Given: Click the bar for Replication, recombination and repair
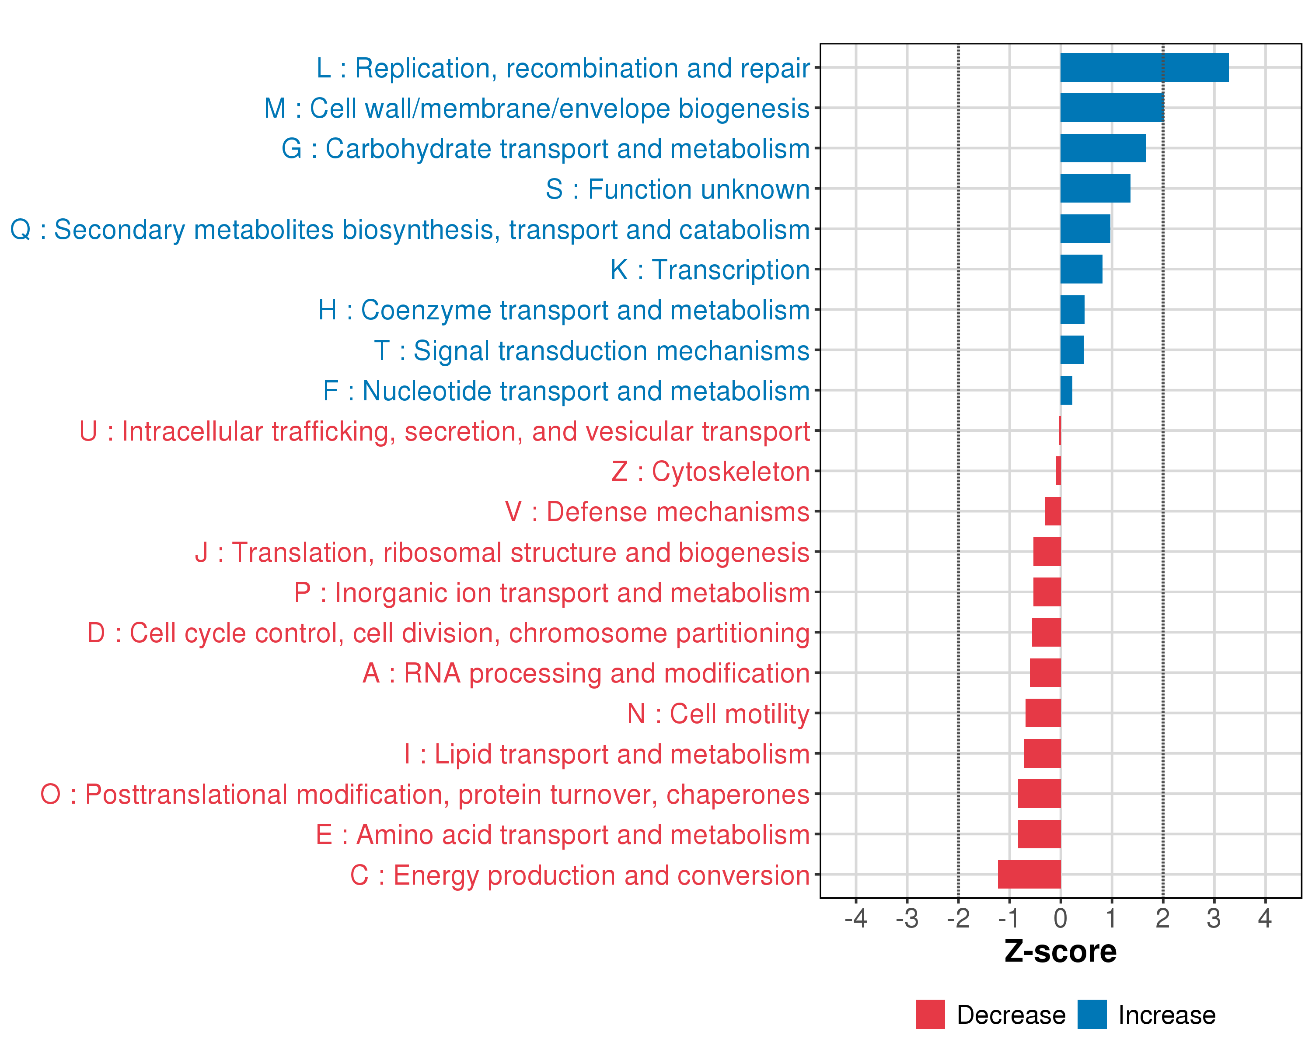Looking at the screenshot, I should click(1144, 67).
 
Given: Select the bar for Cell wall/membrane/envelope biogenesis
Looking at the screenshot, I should click(1112, 108).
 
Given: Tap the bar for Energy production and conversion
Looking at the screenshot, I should click(1029, 874).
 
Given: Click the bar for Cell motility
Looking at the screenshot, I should click(1043, 713).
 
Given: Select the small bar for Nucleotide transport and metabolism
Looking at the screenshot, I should click(1066, 390).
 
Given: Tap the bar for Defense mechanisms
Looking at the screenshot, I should click(1053, 511).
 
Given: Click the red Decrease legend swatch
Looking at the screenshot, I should click(930, 1014).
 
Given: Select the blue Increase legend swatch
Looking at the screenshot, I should click(1092, 1014).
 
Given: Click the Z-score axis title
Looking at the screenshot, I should click(1060, 952).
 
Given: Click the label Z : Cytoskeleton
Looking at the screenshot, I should click(710, 472).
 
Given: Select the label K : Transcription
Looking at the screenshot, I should click(709, 269).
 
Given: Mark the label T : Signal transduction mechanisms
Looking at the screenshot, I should click(592, 350).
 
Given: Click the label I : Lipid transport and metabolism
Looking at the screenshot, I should click(607, 754).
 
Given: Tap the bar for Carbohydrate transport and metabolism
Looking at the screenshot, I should click(1103, 148).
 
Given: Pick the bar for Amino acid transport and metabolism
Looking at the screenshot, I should click(1040, 834).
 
